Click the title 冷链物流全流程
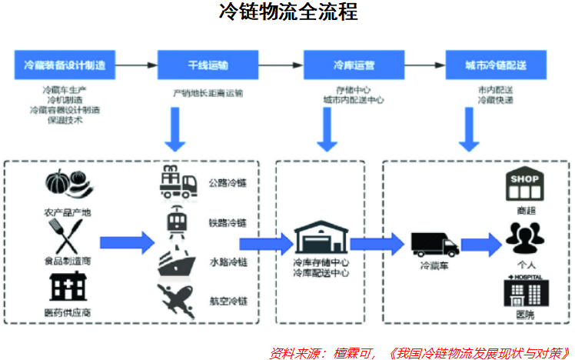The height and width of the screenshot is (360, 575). [287, 13]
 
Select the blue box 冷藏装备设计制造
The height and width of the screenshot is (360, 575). [65, 64]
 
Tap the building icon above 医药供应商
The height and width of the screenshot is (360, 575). [68, 287]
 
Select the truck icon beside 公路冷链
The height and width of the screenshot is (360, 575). [179, 182]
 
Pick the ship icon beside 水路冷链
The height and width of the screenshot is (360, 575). [178, 262]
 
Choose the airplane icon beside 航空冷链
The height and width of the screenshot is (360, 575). [178, 299]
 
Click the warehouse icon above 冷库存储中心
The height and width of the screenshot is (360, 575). [321, 238]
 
